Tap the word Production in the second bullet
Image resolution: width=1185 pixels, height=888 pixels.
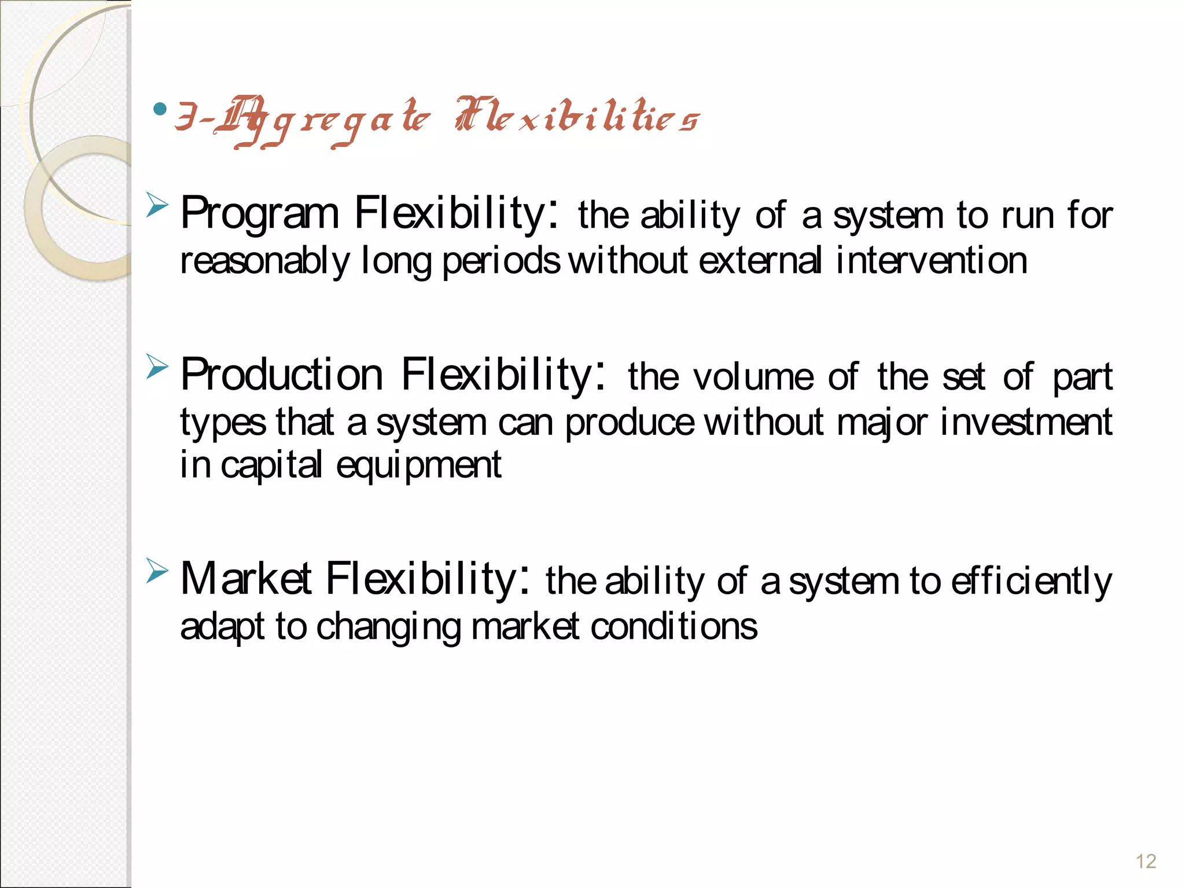click(282, 376)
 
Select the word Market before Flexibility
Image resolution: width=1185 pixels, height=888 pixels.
click(246, 579)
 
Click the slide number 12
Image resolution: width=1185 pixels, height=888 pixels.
click(1146, 861)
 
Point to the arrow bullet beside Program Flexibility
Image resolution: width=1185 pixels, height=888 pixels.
click(157, 205)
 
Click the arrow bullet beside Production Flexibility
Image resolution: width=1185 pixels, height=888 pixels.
click(157, 367)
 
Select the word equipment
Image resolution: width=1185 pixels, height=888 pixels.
click(418, 466)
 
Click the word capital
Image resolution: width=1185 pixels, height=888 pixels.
click(271, 466)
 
